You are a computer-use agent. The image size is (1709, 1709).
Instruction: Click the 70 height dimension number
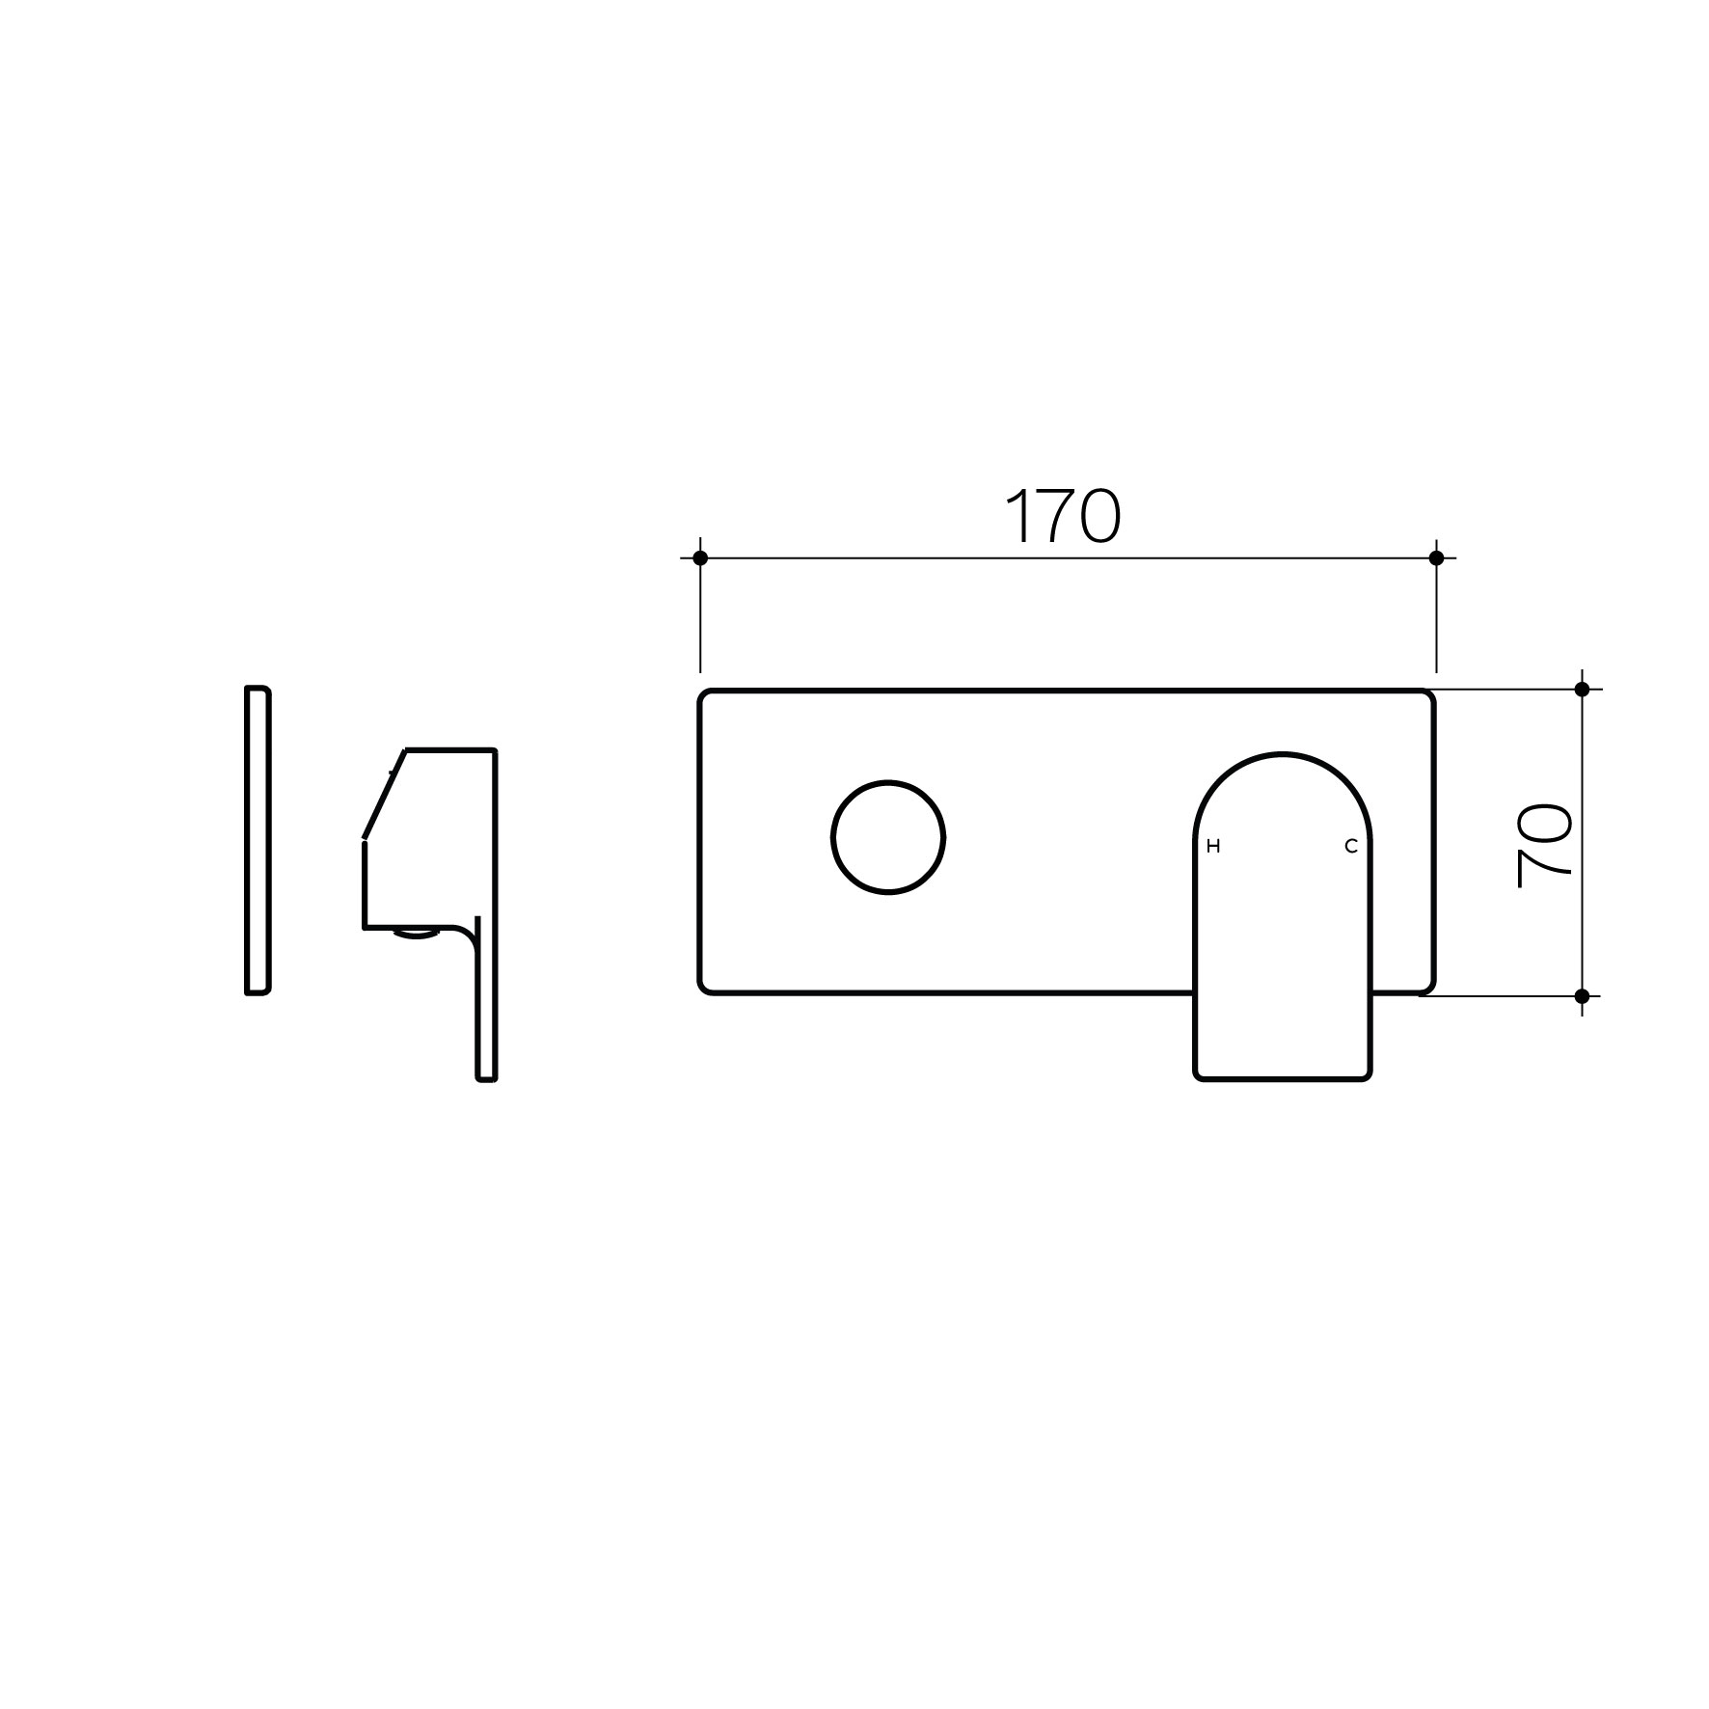pyautogui.click(x=1545, y=846)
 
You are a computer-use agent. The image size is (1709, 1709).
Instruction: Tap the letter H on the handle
pyautogui.click(x=1213, y=847)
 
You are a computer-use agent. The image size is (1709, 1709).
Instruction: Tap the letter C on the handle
pyautogui.click(x=1351, y=847)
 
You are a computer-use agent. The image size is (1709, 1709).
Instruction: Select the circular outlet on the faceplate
pyautogui.click(x=888, y=837)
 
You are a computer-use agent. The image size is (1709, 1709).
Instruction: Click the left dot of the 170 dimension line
pyautogui.click(x=700, y=557)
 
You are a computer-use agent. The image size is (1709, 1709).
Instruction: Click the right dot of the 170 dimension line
pyautogui.click(x=1436, y=557)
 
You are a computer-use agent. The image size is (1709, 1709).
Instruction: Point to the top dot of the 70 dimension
pyautogui.click(x=1582, y=689)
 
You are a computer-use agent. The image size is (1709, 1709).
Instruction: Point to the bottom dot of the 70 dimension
pyautogui.click(x=1582, y=995)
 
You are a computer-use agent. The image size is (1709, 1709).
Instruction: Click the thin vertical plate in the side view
pyautogui.click(x=258, y=839)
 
